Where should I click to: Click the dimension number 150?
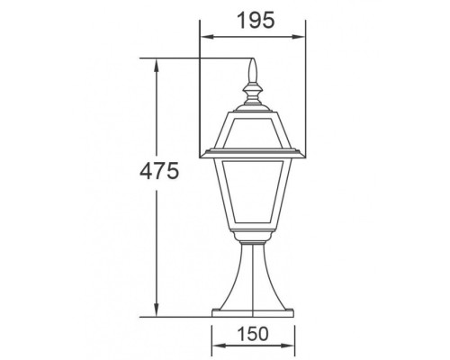point(255,333)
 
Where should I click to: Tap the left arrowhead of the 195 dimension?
point(203,38)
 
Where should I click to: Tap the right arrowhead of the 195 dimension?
point(299,38)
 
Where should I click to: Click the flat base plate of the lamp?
point(253,311)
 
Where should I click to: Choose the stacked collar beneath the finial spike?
point(252,91)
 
